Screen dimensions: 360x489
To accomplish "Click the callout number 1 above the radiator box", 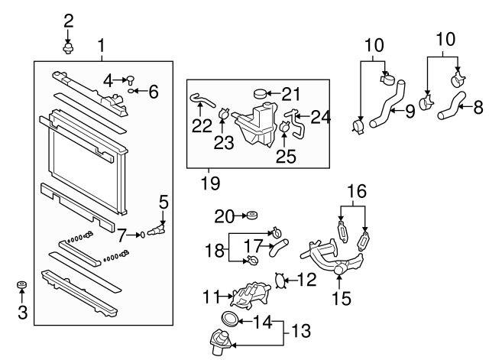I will (x=101, y=47).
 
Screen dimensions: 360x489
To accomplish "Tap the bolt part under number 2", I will (x=68, y=49).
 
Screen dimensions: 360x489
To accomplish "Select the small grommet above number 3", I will (x=21, y=286).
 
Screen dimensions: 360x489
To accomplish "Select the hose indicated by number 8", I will (x=452, y=106).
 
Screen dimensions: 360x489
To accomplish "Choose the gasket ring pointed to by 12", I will (x=280, y=281).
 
